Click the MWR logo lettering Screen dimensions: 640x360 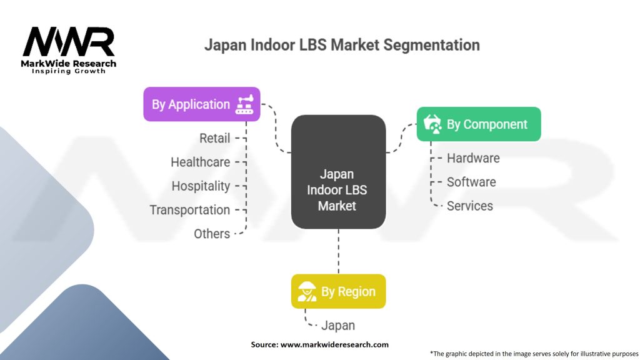coord(69,42)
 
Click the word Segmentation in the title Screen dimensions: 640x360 coord(431,45)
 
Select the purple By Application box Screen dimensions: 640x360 coord(202,104)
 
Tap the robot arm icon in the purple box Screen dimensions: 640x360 coord(244,104)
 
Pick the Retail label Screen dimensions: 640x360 coord(215,138)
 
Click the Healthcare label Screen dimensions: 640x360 coord(201,162)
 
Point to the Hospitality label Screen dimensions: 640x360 coord(201,186)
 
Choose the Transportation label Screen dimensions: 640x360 coord(190,210)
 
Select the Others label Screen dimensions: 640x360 coord(212,234)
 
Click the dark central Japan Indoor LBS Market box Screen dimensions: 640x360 coord(338,172)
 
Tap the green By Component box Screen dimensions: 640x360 coord(479,124)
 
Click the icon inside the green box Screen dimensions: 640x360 coord(432,124)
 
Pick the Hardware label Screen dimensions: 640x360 coord(473,158)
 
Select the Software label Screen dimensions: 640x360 coord(471,182)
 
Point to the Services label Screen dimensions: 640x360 coord(470,206)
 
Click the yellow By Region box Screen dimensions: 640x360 coord(338,291)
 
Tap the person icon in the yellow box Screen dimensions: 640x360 coord(306,291)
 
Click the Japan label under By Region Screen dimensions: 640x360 coord(338,325)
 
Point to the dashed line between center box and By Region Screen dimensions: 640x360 coord(338,251)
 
